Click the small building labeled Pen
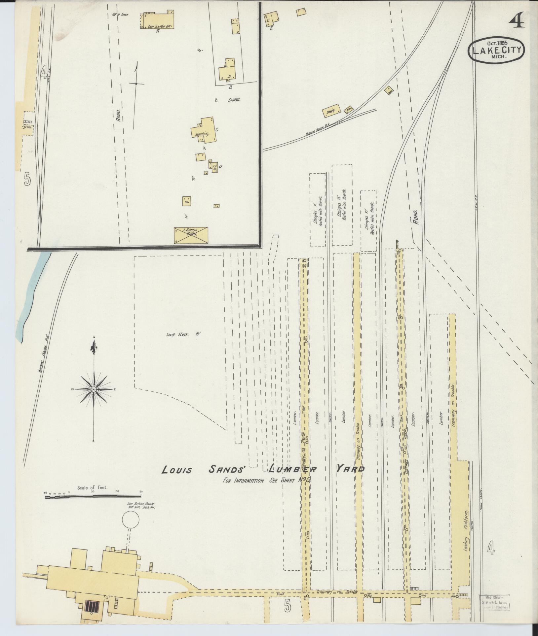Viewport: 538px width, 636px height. click(x=186, y=200)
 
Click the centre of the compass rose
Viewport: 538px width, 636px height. click(x=94, y=390)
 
